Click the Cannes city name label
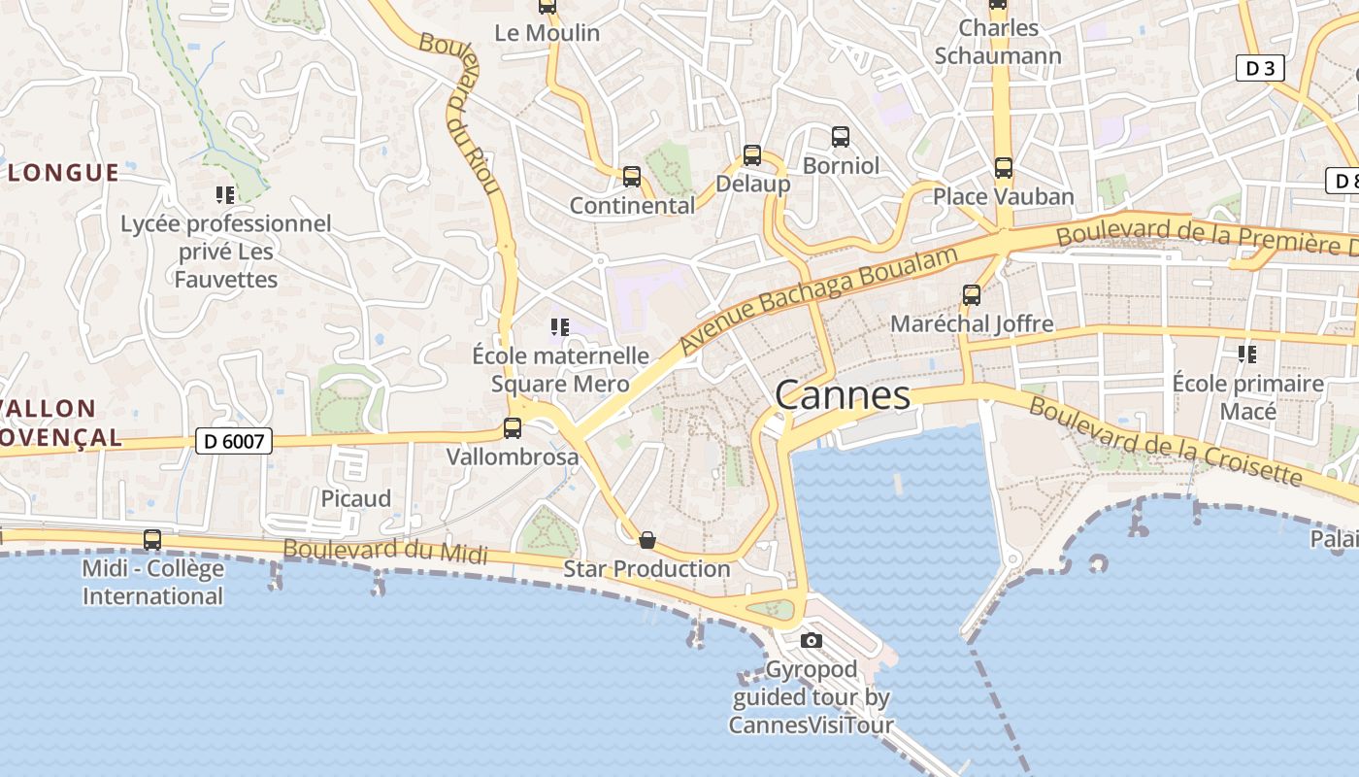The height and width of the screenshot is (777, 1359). (843, 395)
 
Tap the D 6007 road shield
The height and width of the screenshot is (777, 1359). (234, 441)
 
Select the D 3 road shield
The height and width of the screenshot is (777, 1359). (1260, 68)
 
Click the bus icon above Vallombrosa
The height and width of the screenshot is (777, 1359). (512, 427)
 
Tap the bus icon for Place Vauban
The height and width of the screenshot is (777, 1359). (1003, 168)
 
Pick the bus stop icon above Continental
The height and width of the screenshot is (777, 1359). (632, 177)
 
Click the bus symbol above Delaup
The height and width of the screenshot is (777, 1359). (752, 154)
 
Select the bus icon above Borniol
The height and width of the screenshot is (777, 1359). (841, 137)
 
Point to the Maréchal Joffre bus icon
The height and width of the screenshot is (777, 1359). (971, 295)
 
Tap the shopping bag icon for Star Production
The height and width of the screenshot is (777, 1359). (647, 540)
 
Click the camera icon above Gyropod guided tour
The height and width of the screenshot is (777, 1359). (812, 640)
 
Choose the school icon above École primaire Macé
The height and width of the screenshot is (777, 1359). (1247, 355)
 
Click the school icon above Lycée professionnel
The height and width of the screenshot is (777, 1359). (225, 195)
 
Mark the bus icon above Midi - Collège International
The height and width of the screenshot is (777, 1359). (152, 540)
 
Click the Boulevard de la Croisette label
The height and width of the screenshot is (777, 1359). (1165, 442)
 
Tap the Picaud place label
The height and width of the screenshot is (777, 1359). (356, 499)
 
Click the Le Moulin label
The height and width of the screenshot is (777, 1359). (547, 33)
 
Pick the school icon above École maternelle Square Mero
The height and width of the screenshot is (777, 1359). (559, 327)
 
